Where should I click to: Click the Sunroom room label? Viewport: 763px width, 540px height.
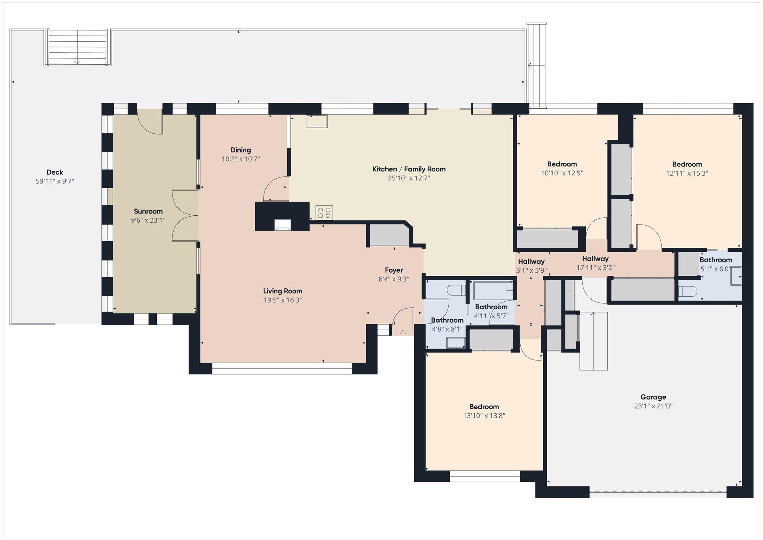(148, 211)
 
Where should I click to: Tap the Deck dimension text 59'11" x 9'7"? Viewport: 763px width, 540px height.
(55, 181)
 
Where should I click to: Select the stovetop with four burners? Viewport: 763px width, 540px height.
(324, 213)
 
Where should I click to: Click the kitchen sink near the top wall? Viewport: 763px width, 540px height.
(317, 121)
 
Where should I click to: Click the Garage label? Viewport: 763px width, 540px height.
(653, 397)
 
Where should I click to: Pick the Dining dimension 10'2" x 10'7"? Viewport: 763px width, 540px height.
(241, 159)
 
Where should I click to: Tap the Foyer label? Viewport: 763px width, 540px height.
(394, 270)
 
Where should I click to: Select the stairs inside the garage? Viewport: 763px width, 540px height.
(594, 341)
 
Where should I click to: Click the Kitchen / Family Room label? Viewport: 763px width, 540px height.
(409, 169)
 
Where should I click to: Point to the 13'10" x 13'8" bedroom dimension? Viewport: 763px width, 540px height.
(484, 416)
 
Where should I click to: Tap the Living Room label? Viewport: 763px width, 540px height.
(283, 291)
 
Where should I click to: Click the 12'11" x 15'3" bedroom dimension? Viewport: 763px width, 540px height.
(687, 173)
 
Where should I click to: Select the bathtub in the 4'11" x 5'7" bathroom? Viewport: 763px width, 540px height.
(493, 290)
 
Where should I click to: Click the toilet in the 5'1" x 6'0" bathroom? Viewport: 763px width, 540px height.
(688, 291)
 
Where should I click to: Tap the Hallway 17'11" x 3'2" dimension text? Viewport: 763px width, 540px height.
(596, 268)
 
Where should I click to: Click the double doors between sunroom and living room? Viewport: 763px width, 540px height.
(185, 215)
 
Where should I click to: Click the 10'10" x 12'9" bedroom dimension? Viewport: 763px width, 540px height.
(562, 173)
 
